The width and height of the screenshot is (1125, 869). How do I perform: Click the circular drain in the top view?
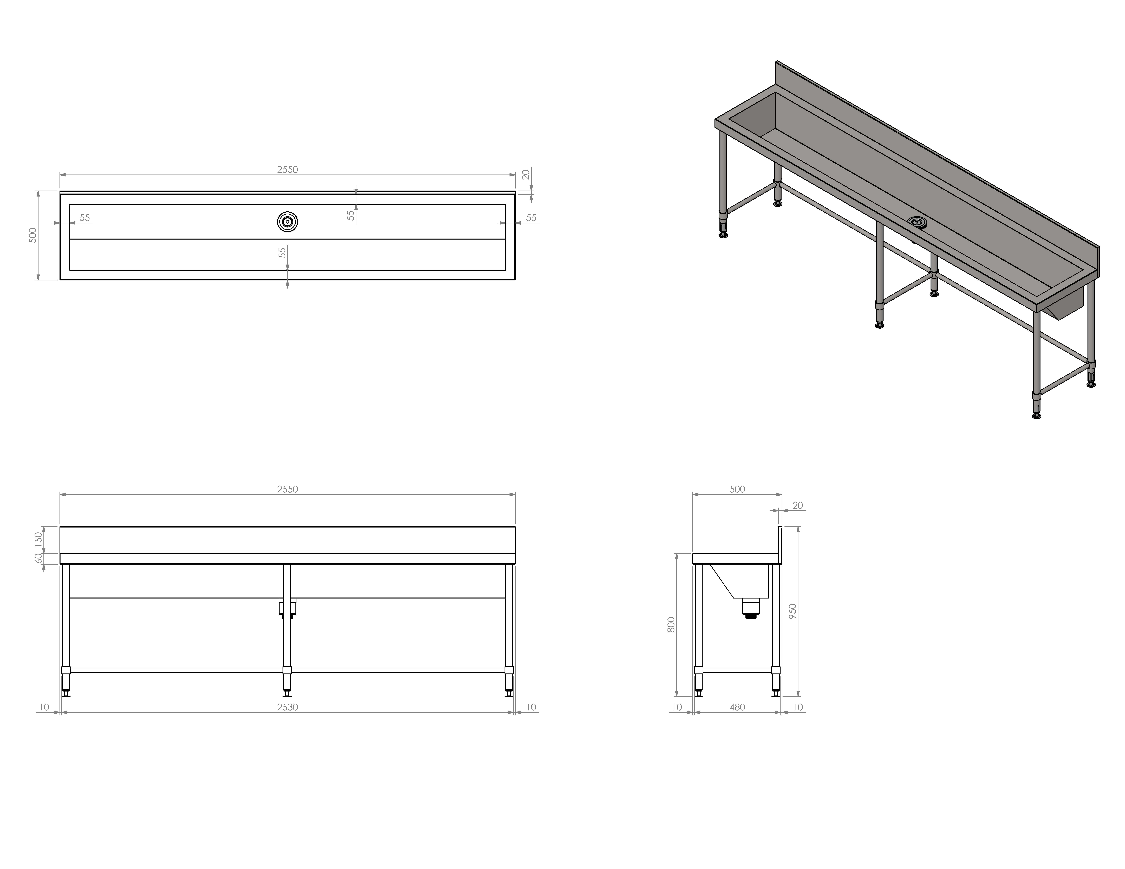tap(287, 221)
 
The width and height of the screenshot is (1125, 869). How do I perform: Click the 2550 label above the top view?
tap(287, 169)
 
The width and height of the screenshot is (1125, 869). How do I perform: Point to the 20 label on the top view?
tap(526, 175)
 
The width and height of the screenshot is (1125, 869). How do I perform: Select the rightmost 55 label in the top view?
tap(531, 218)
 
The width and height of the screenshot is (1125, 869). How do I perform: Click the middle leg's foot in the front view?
tap(287, 692)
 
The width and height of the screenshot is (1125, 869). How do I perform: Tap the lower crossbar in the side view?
tap(737, 670)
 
